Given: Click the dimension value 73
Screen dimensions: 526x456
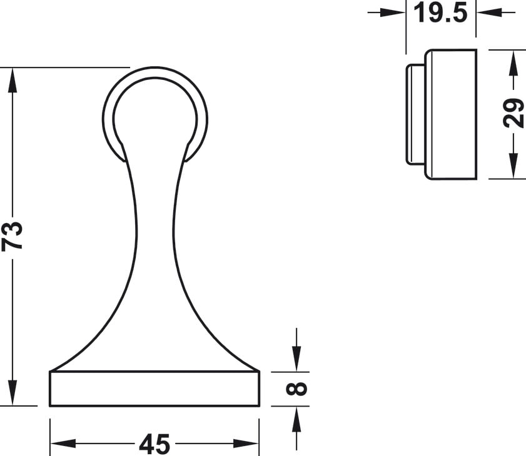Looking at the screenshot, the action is [12, 235].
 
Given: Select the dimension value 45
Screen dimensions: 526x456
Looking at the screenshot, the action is [154, 444].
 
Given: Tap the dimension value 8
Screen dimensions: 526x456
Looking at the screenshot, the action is [296, 389].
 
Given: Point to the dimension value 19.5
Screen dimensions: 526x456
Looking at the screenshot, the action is [440, 12].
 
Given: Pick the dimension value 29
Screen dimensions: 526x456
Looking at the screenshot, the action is [514, 113].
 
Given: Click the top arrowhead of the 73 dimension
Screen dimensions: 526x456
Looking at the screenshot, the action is [13, 80].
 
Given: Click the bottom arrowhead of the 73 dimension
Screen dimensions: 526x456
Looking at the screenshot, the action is [13, 394].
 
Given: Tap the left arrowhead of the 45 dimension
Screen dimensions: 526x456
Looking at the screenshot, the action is [63, 444].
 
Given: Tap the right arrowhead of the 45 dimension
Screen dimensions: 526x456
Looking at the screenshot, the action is [246, 444].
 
